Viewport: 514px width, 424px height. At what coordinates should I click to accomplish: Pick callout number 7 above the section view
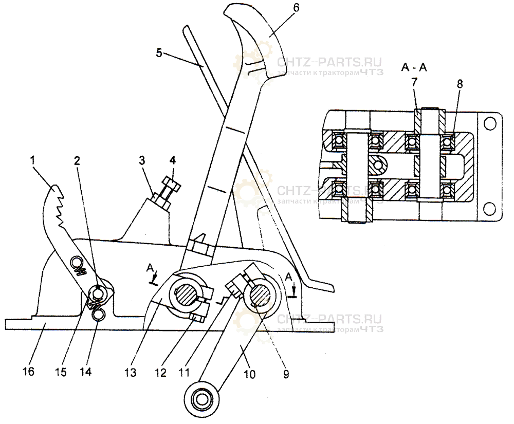point(415,83)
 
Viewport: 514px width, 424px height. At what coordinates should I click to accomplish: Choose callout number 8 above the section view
point(460,84)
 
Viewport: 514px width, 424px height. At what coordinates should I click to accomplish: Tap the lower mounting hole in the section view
point(489,208)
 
